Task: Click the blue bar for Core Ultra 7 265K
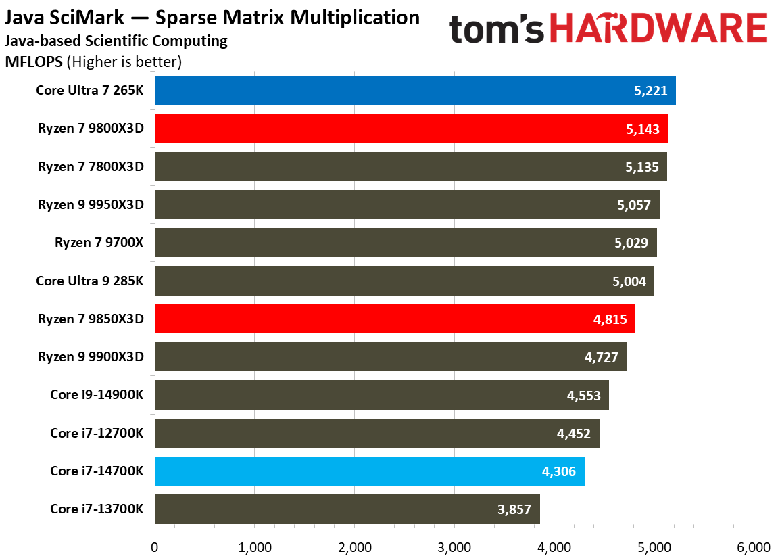point(406,91)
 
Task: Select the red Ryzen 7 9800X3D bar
point(406,129)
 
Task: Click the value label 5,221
point(651,91)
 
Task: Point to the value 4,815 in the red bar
point(610,319)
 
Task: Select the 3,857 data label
point(515,509)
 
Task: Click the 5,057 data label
point(635,205)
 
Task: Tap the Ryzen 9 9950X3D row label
point(91,205)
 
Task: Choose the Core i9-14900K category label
point(97,395)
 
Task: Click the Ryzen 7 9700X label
point(99,243)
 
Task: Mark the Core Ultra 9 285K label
point(90,281)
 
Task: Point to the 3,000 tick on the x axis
point(454,547)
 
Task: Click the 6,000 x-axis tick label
point(753,547)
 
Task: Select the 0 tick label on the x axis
point(155,547)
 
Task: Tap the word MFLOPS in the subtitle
point(34,62)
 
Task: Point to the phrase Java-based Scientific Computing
point(116,41)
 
